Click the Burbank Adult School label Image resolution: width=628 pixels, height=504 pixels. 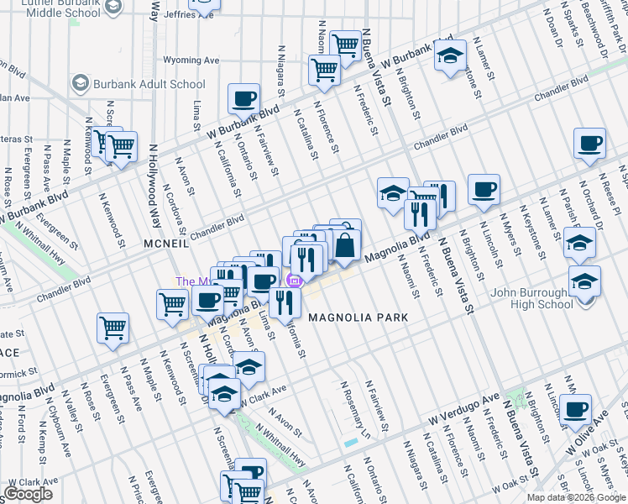(150, 84)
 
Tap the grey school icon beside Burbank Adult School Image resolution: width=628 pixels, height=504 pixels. (81, 83)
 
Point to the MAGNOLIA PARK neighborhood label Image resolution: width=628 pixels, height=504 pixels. (358, 318)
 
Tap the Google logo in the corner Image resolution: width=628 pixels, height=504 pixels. (28, 494)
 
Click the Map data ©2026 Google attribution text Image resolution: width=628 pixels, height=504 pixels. (577, 497)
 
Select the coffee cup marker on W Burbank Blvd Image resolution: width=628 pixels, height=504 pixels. (243, 98)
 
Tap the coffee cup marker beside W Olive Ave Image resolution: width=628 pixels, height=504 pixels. (576, 409)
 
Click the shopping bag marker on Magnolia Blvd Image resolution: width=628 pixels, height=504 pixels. (345, 244)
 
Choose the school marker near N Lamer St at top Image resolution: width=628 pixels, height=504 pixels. (450, 56)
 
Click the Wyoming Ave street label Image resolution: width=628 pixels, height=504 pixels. (191, 60)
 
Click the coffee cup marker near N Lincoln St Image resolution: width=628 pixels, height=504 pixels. (484, 190)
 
